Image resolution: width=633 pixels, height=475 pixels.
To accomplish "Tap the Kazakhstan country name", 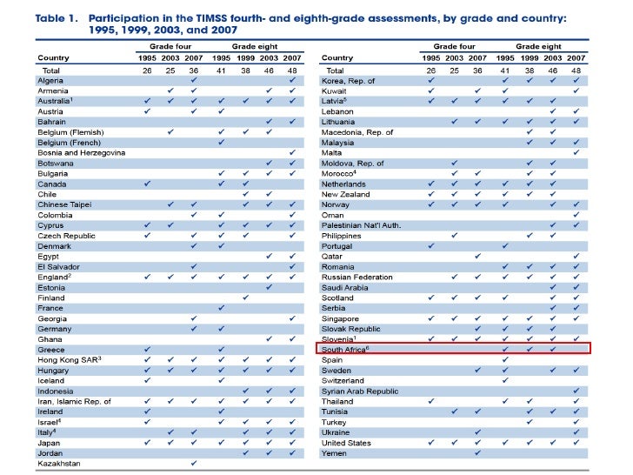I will click(x=60, y=463).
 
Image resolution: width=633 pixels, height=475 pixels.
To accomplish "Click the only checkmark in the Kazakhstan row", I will click(x=193, y=463).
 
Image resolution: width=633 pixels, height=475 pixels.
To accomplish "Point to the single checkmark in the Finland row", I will click(x=246, y=298).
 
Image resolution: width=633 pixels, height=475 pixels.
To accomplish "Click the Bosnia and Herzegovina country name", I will click(x=81, y=153).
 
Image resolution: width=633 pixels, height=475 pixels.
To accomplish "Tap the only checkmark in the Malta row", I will click(x=576, y=153).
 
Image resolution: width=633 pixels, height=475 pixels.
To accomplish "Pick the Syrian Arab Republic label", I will click(x=360, y=391).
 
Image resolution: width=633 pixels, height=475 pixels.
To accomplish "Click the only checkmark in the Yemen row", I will click(x=477, y=452).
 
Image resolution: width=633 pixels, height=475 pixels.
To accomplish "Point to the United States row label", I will click(x=346, y=442).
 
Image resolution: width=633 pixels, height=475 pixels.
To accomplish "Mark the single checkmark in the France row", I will click(x=223, y=308).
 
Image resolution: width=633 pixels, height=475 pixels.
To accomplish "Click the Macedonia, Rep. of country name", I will click(x=356, y=132).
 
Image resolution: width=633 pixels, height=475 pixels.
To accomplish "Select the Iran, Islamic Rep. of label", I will click(x=74, y=401).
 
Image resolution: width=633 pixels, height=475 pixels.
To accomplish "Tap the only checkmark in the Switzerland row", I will click(x=504, y=380).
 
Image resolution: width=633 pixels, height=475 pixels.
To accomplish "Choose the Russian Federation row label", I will click(x=357, y=277).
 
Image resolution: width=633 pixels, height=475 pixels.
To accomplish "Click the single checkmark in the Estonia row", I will click(x=270, y=287).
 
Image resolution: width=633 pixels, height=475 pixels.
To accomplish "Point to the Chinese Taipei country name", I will click(x=63, y=204).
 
